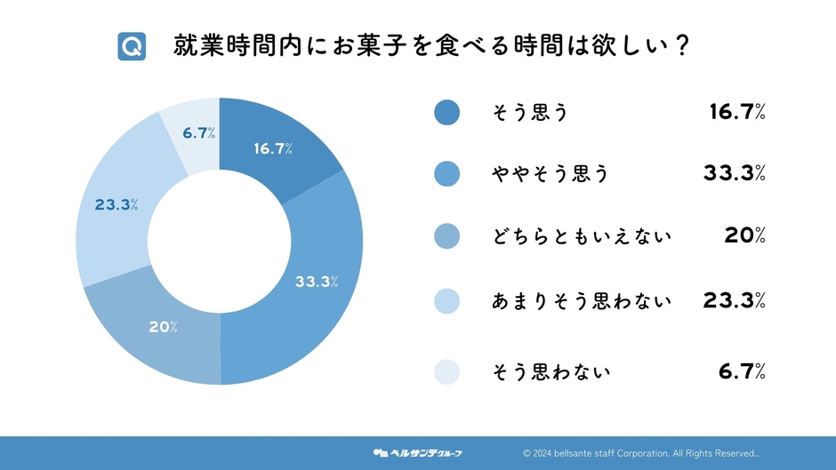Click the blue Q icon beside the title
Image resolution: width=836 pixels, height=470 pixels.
pyautogui.click(x=132, y=46)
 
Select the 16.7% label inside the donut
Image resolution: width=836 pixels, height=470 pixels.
pyautogui.click(x=273, y=149)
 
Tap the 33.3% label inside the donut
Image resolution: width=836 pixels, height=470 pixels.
pyautogui.click(x=317, y=283)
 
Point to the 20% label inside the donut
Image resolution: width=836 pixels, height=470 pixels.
pyautogui.click(x=163, y=327)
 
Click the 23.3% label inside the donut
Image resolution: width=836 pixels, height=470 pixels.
pyautogui.click(x=116, y=205)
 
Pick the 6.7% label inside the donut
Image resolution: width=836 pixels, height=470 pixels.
pyautogui.click(x=200, y=133)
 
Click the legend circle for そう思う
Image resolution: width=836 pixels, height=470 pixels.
pyautogui.click(x=446, y=113)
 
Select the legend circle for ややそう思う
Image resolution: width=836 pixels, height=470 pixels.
pyautogui.click(x=446, y=174)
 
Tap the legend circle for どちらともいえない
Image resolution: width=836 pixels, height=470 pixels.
pyautogui.click(x=446, y=236)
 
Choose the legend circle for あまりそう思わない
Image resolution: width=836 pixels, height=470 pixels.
pyautogui.click(x=446, y=301)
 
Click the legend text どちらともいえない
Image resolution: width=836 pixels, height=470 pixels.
pyautogui.click(x=581, y=236)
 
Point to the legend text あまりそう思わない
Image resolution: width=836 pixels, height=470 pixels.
pyautogui.click(x=581, y=301)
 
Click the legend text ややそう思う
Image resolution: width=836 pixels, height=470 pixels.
pyautogui.click(x=551, y=174)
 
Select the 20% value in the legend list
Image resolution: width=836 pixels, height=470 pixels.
pyautogui.click(x=745, y=236)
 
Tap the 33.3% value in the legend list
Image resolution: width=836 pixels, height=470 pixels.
pyautogui.click(x=734, y=174)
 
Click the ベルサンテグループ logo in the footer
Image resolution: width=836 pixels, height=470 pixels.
pyautogui.click(x=417, y=453)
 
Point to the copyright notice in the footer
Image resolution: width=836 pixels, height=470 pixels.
pyautogui.click(x=640, y=453)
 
